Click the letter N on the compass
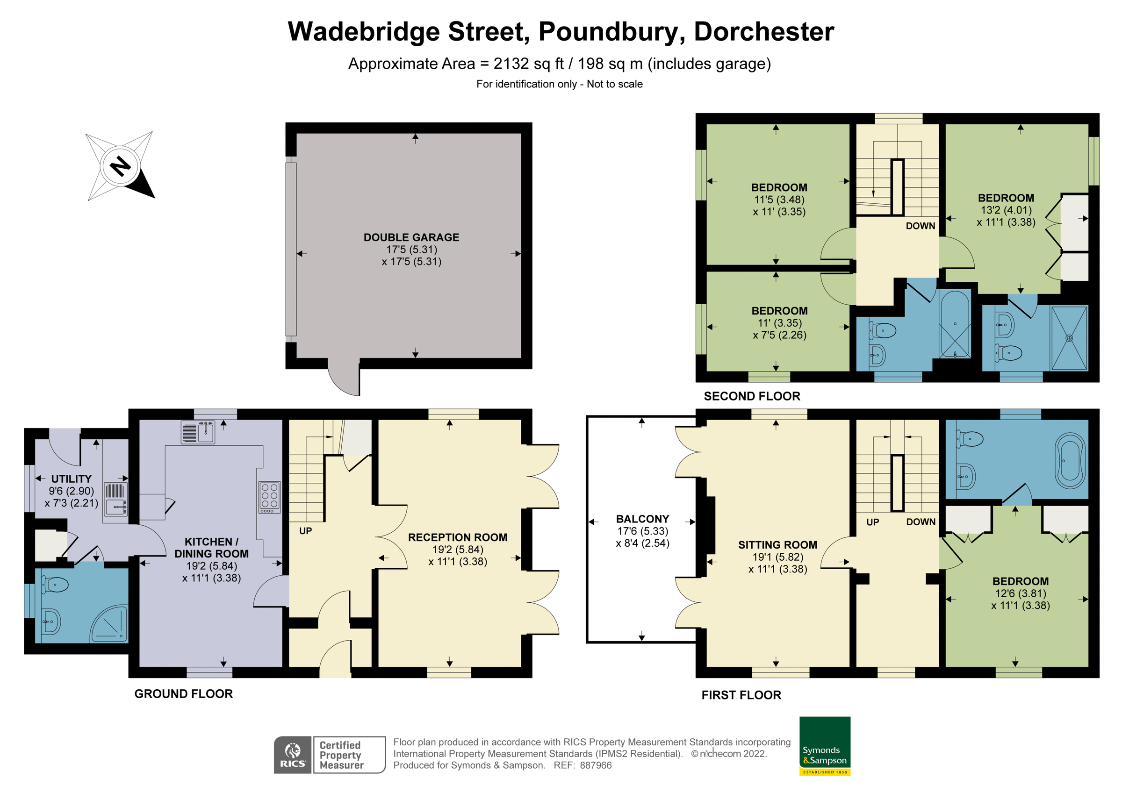[x=120, y=167]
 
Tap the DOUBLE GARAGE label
[x=411, y=237]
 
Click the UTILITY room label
[x=72, y=479]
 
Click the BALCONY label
[x=642, y=519]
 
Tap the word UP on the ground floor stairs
[x=305, y=531]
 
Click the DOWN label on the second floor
[x=920, y=226]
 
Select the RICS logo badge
[x=292, y=754]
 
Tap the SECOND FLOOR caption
[x=752, y=396]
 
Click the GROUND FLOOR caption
[x=183, y=694]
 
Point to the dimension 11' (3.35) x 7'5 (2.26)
[x=779, y=329]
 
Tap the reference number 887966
[x=596, y=765]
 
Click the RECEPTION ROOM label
[x=457, y=537]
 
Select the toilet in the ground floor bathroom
[x=55, y=584]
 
